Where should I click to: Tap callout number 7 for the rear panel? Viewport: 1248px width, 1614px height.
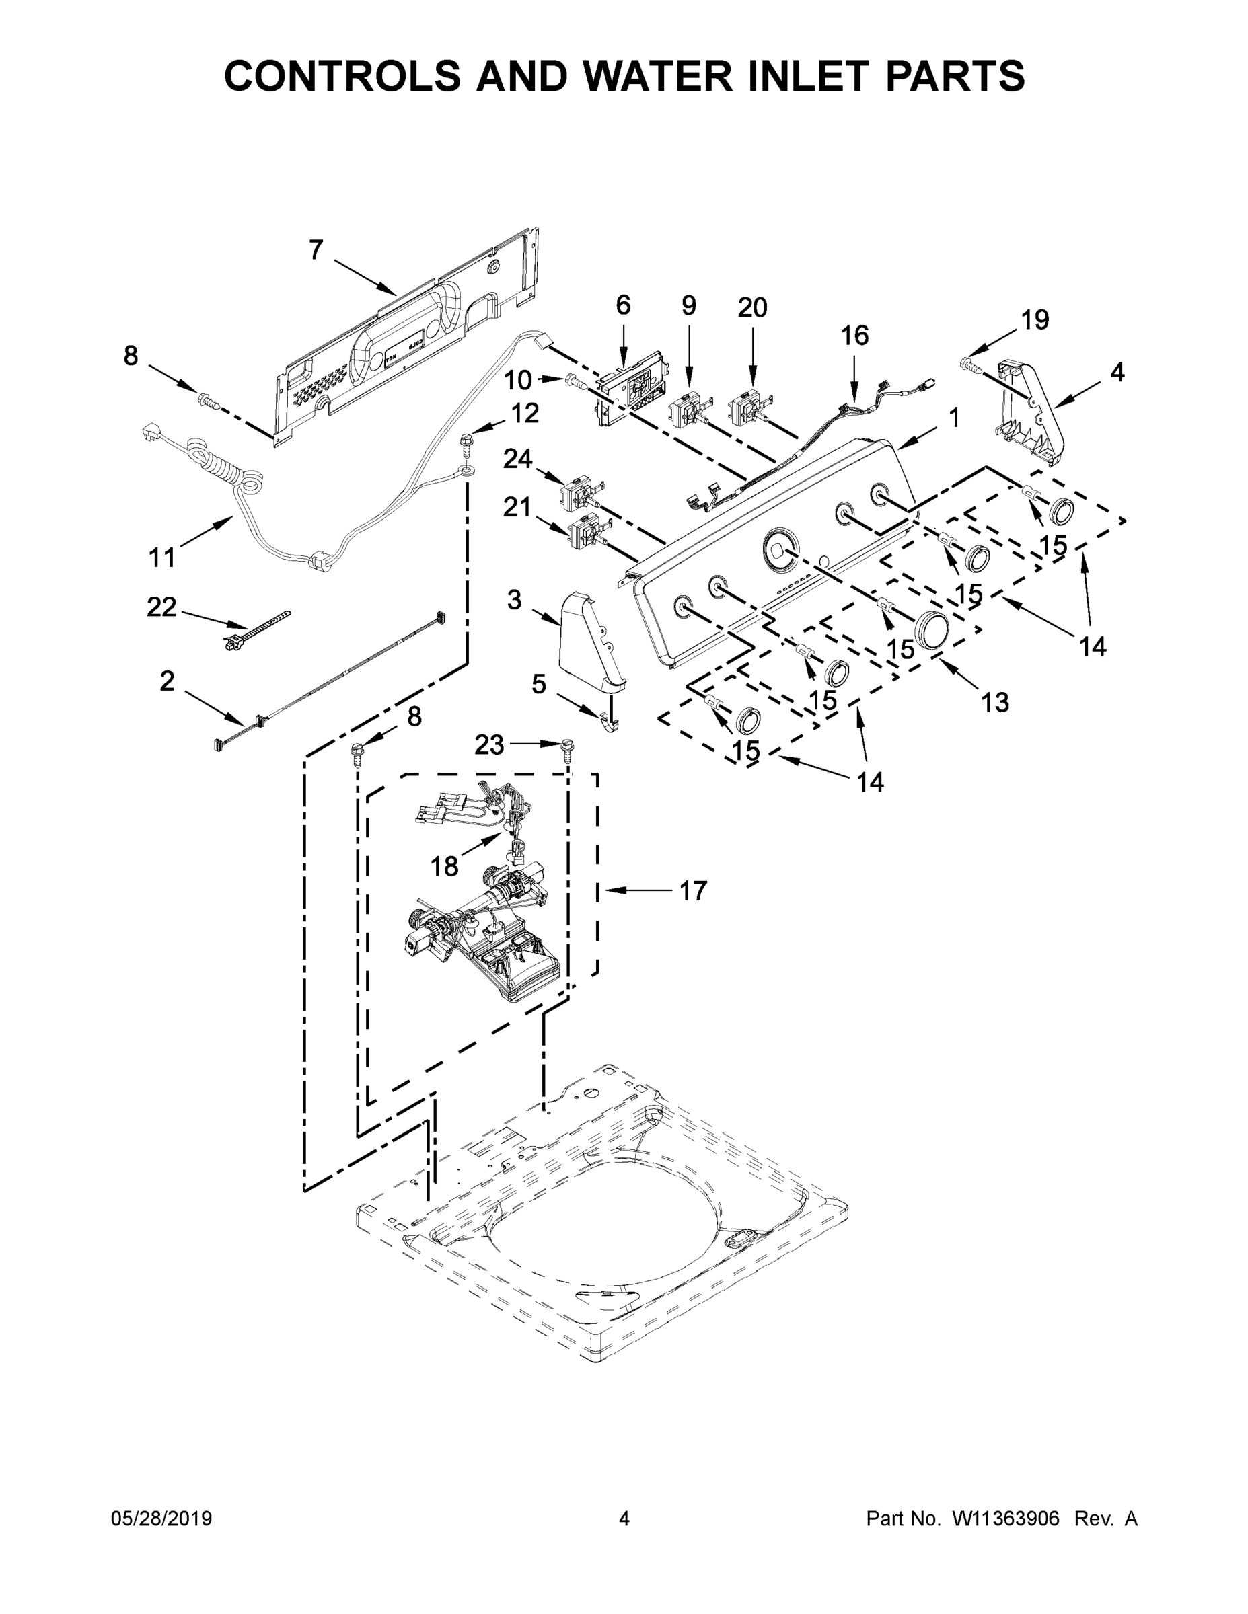316,252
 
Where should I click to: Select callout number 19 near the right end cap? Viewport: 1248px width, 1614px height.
1035,320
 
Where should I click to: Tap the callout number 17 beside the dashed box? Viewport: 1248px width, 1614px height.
693,891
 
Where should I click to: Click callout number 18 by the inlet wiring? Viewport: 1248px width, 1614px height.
444,866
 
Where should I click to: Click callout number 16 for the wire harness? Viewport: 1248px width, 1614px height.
854,336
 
